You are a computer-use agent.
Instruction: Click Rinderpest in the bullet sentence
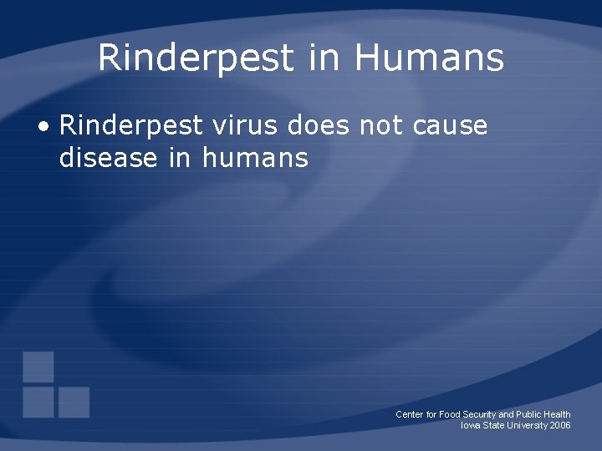tap(131, 127)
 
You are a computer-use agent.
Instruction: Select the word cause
tap(450, 127)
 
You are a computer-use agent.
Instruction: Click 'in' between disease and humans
tap(180, 156)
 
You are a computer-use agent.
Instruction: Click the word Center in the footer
tap(411, 414)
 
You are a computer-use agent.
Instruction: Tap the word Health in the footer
tap(557, 414)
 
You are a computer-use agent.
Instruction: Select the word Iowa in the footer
tap(471, 425)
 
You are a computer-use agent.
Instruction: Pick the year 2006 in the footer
tap(560, 425)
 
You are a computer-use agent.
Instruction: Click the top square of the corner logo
tap(38, 367)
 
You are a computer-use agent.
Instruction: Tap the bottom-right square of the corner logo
tap(74, 403)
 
